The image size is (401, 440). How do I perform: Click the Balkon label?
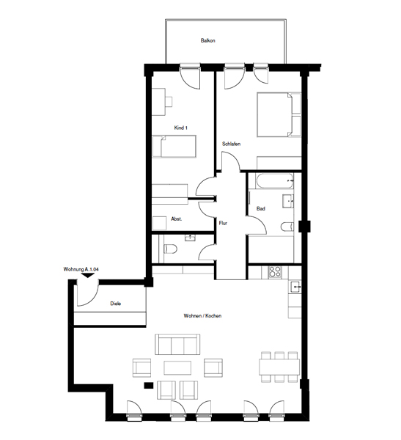[x=207, y=40]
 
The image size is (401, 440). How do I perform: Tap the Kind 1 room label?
[x=181, y=128]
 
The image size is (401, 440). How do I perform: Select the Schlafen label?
[x=231, y=144]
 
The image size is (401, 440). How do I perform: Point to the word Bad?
[x=261, y=209]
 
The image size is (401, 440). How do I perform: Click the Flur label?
[x=223, y=224]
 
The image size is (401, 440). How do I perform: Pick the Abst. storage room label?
[x=177, y=219]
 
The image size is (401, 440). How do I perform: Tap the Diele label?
[x=116, y=304]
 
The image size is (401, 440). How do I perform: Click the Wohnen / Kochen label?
[x=202, y=316]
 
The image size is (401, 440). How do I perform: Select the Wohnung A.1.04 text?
[x=81, y=269]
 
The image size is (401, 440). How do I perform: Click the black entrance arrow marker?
[x=88, y=275]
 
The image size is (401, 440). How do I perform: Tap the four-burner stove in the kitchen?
[x=275, y=271]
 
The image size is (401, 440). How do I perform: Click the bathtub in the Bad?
[x=274, y=180]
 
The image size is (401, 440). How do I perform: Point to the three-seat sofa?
[x=177, y=345]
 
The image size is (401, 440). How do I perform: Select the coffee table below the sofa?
[x=177, y=367]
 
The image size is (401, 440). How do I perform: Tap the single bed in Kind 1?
[x=174, y=146]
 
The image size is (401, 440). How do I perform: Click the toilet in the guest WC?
[x=170, y=249]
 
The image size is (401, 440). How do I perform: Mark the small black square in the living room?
[x=148, y=386]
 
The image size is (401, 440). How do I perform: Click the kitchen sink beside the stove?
[x=295, y=287]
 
